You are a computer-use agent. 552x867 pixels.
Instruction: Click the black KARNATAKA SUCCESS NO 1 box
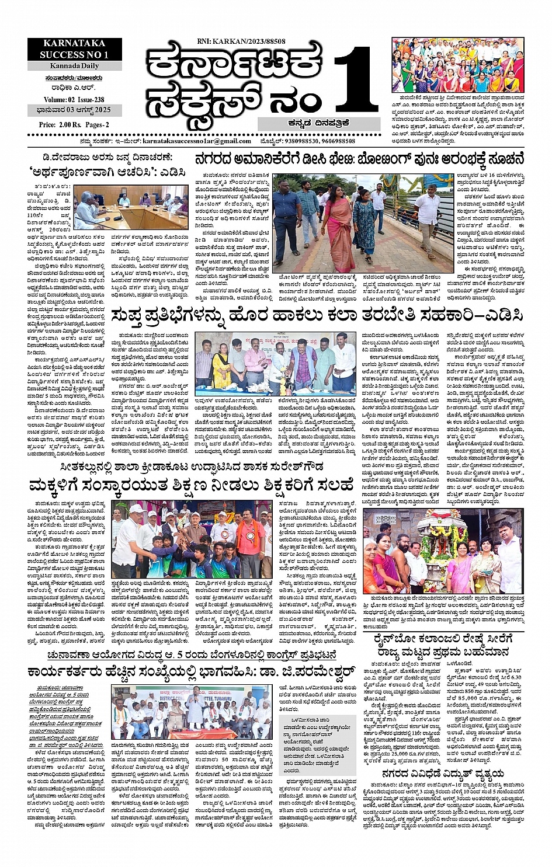pos(74,49)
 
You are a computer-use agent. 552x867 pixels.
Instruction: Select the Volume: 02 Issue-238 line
pos(74,100)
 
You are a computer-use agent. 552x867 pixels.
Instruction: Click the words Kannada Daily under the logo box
pos(74,65)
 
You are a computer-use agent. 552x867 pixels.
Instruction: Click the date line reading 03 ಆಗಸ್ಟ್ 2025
pos(74,111)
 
